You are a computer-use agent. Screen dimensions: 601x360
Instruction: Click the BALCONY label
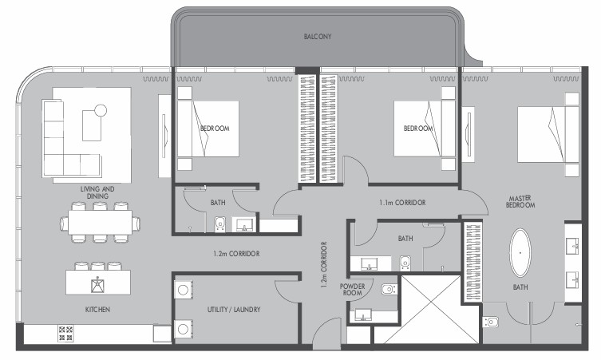[x=318, y=37]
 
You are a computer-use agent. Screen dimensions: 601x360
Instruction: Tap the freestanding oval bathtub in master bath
[x=520, y=253]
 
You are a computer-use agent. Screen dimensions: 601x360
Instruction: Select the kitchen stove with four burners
[x=65, y=333]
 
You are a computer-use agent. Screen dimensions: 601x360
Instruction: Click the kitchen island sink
[x=97, y=285]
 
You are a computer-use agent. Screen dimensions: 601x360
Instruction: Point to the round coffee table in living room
[x=101, y=110]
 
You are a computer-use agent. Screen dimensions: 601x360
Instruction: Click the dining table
[x=100, y=223]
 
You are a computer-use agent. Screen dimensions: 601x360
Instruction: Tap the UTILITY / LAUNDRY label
[x=234, y=310]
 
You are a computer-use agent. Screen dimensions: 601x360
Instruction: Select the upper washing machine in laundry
[x=184, y=290]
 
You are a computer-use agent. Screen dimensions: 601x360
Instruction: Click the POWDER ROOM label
[x=352, y=290]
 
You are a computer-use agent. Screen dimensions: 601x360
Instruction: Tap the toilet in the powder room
[x=389, y=289]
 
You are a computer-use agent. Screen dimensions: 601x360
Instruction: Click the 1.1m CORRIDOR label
[x=402, y=203]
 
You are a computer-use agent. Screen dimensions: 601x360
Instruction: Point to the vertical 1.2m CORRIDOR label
[x=324, y=264]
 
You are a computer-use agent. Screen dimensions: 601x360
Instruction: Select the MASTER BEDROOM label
[x=520, y=202]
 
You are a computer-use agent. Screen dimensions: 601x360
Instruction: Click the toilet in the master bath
[x=490, y=321]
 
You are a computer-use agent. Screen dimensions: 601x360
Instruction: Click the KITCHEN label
[x=97, y=310]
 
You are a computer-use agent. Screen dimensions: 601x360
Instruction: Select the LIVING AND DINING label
[x=97, y=192]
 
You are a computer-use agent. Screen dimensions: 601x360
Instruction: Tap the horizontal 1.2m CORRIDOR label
[x=236, y=253]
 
